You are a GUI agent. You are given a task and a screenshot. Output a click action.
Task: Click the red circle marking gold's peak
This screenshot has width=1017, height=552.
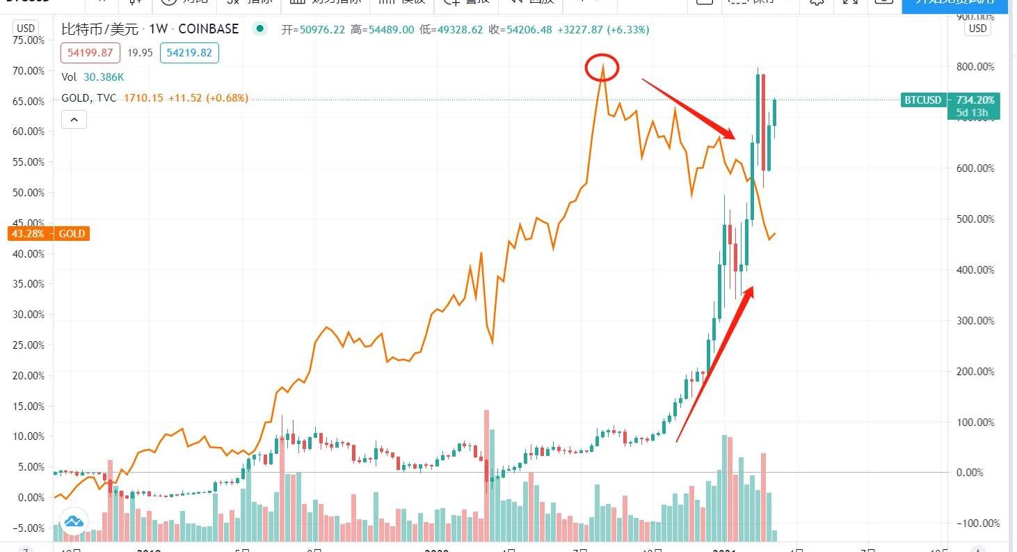pyautogui.click(x=602, y=67)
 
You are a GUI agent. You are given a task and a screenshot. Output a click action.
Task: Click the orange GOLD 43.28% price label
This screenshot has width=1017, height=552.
pyautogui.click(x=48, y=234)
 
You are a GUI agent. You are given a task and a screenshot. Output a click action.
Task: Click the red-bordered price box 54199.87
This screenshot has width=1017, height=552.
pyautogui.click(x=90, y=53)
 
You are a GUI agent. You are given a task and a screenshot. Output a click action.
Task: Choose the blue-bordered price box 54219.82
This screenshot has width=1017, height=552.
pyautogui.click(x=189, y=53)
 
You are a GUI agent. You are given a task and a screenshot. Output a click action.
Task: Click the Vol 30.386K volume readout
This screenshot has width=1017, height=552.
pyautogui.click(x=94, y=77)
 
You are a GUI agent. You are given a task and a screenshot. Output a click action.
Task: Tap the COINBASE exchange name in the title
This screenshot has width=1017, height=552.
pyautogui.click(x=209, y=29)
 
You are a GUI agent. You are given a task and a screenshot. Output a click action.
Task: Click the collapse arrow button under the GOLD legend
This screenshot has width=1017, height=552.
pyautogui.click(x=74, y=120)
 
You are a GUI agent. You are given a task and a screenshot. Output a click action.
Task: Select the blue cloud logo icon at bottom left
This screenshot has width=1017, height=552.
pyautogui.click(x=74, y=521)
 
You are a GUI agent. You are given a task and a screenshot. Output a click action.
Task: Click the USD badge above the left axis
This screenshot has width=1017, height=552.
pyautogui.click(x=26, y=29)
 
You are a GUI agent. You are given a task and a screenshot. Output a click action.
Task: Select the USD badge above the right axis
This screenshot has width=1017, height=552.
pyautogui.click(x=977, y=29)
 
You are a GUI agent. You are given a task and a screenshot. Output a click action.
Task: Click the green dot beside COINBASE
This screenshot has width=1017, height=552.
pyautogui.click(x=259, y=29)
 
